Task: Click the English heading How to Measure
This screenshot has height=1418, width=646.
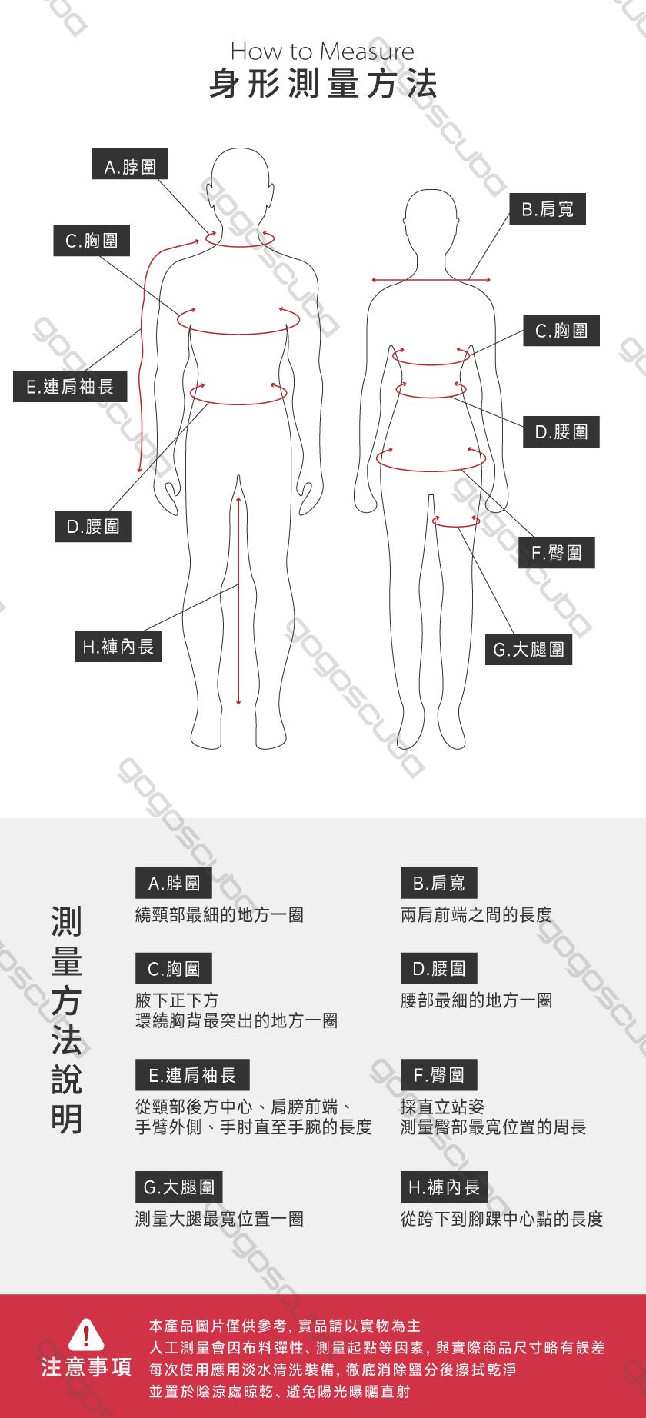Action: pos(322,52)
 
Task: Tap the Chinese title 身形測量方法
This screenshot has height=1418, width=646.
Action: pos(323,84)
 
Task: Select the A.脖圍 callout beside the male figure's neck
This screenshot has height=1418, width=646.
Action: pos(130,165)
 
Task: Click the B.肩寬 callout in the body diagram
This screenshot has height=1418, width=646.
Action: pos(548,209)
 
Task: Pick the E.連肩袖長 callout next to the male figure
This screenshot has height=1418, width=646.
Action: pos(70,386)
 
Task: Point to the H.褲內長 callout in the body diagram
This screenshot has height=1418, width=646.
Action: pos(118,647)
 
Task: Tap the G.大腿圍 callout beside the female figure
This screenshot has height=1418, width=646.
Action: pos(528,650)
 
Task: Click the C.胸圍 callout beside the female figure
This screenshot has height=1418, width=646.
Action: pos(561,331)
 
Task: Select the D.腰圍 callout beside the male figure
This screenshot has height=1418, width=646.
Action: pos(93,527)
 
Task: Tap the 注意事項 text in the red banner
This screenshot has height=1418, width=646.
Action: pos(86,1367)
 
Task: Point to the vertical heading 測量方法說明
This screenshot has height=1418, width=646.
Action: pos(66,1020)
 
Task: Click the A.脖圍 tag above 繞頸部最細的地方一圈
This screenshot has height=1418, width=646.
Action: pos(174,883)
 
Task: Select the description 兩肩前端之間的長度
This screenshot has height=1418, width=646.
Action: pos(477,915)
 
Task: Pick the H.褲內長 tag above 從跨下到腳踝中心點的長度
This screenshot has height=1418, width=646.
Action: pos(444,1187)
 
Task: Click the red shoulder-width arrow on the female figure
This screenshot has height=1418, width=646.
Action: pos(431,280)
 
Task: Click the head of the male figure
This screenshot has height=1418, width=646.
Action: pos(241,178)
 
